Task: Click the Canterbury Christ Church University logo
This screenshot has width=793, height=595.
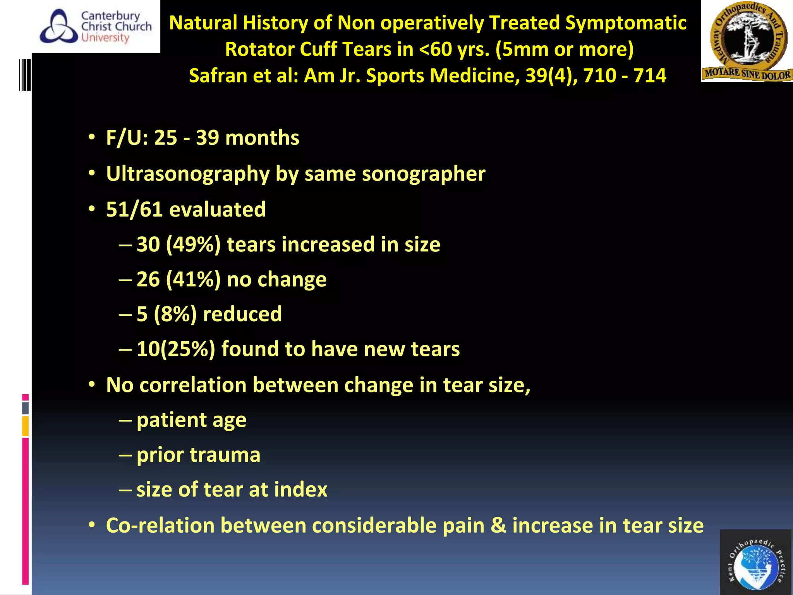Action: pyautogui.click(x=96, y=26)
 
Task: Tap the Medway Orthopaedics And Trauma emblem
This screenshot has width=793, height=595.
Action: pyautogui.click(x=747, y=41)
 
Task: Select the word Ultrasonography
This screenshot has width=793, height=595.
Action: pyautogui.click(x=188, y=174)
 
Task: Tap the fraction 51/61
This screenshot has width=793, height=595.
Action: pyautogui.click(x=134, y=210)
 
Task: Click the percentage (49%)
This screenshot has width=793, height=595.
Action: pyautogui.click(x=193, y=245)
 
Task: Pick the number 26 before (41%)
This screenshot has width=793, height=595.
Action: pyautogui.click(x=148, y=279)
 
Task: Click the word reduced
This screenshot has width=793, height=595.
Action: pyautogui.click(x=242, y=314)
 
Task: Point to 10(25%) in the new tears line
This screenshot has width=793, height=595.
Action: pyautogui.click(x=175, y=349)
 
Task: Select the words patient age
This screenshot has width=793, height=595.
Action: pyautogui.click(x=191, y=420)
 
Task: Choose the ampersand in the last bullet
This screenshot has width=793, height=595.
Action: pyautogui.click(x=499, y=526)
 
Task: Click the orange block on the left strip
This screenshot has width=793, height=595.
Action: pyautogui.click(x=26, y=426)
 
